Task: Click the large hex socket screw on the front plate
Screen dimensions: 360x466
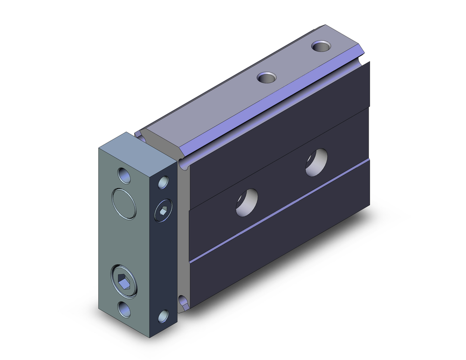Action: click(124, 281)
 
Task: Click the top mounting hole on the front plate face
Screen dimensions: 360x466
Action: click(124, 176)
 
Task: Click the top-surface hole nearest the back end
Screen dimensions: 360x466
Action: click(321, 46)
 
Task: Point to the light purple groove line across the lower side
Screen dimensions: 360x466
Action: click(280, 215)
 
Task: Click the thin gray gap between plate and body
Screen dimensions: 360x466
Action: click(184, 233)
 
